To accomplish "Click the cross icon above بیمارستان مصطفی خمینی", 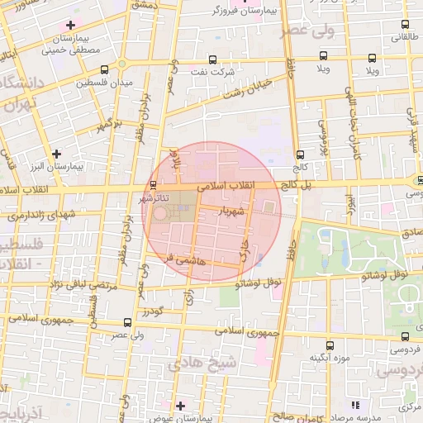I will (70, 25).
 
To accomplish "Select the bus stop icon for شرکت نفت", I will (214, 59).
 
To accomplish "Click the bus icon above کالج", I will (297, 154).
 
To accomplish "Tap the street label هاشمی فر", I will (183, 259).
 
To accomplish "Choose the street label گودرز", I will (154, 311).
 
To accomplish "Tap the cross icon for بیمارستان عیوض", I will (180, 405).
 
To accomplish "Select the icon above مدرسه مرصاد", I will (355, 405).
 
